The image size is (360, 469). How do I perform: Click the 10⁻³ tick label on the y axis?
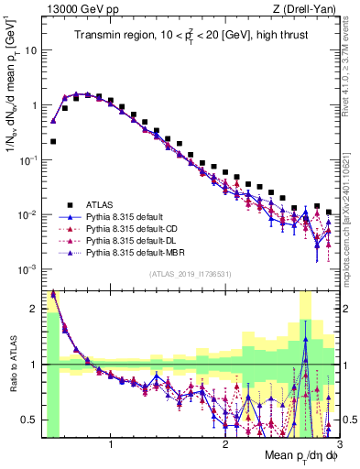point(27,269)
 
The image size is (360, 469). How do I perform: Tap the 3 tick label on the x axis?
point(338,445)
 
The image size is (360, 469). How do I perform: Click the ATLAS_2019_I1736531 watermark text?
point(191,275)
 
